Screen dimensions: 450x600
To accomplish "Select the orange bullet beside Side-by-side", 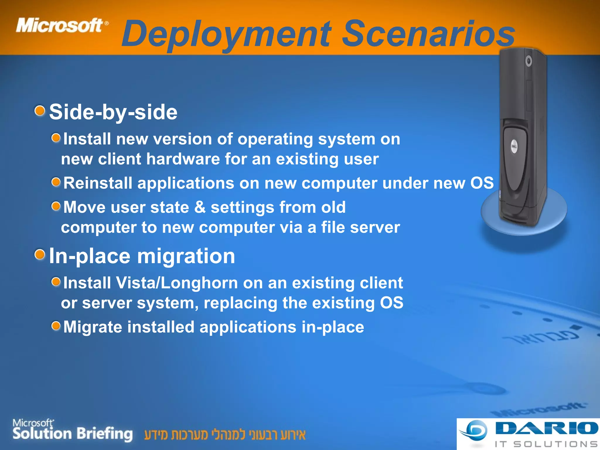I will coord(40,111).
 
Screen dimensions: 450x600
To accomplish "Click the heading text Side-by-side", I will coord(113,112).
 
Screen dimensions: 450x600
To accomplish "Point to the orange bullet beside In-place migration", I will coord(40,255).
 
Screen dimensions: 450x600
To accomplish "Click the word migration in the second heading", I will coord(186,256).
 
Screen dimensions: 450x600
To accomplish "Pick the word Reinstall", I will coord(98,183).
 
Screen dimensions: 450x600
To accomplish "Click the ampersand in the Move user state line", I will coord(200,207).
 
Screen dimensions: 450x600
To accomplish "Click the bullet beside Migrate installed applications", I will coord(56,325).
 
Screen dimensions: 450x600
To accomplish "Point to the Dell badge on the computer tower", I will coord(514,146).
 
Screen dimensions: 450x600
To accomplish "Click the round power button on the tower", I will coord(529,61).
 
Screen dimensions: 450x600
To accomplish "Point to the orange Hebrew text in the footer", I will coord(225,435).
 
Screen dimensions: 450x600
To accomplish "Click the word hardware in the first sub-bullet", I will coord(183,159).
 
